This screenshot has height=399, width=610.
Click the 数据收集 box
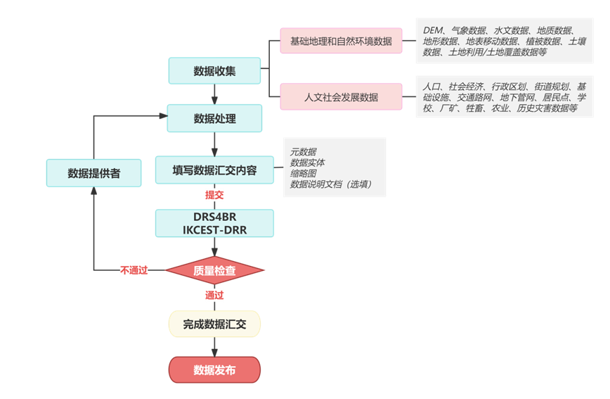(x=214, y=71)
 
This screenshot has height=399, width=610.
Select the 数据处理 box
(x=214, y=118)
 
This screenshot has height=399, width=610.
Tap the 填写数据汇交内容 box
(x=214, y=170)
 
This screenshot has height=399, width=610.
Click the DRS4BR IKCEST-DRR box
(x=214, y=223)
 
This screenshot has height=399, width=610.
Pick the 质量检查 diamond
(x=214, y=270)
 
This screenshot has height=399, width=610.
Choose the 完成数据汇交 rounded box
(x=214, y=324)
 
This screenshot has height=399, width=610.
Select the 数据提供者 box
(x=93, y=173)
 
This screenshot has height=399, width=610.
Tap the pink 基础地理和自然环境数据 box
(x=341, y=42)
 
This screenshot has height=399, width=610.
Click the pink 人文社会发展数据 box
(x=341, y=97)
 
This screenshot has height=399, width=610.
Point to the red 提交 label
(x=214, y=195)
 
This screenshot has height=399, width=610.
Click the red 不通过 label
(x=134, y=270)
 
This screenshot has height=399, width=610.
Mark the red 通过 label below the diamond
(x=214, y=295)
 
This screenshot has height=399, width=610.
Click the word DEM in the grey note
(x=434, y=31)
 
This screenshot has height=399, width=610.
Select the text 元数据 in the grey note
(x=303, y=151)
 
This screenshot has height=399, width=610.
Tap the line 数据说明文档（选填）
(x=330, y=184)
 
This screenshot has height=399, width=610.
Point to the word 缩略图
(x=303, y=173)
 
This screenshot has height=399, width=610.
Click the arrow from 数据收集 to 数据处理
(x=214, y=94)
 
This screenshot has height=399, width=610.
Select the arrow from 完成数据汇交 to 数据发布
(x=214, y=347)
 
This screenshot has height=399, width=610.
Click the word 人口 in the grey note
(x=432, y=86)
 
